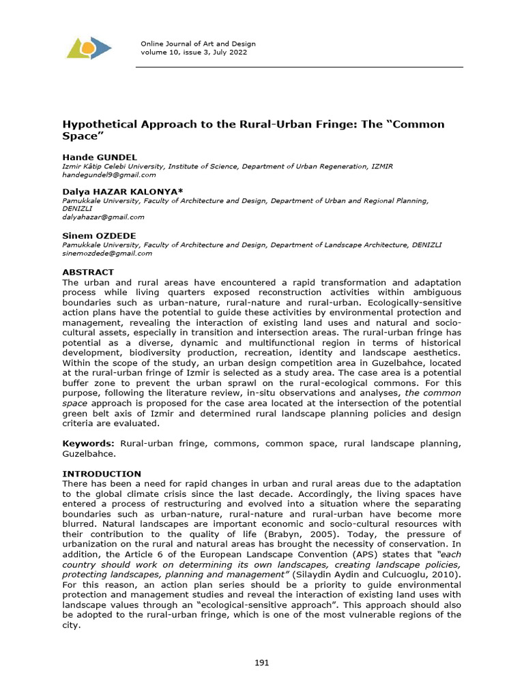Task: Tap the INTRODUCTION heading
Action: (x=102, y=474)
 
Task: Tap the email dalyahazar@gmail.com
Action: (x=104, y=217)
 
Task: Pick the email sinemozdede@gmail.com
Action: (x=107, y=253)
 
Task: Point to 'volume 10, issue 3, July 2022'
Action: (x=194, y=52)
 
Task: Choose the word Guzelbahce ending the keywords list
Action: (x=89, y=453)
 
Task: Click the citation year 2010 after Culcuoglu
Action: (x=443, y=574)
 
